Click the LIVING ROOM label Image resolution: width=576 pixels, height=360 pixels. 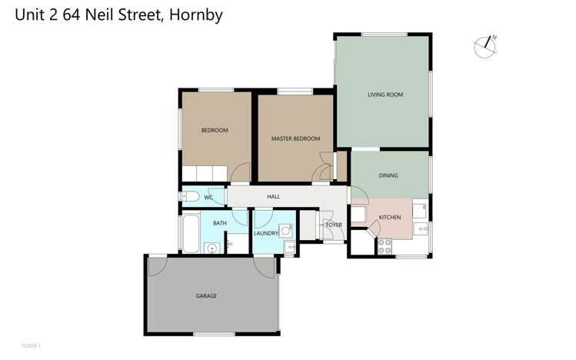(x=385, y=95)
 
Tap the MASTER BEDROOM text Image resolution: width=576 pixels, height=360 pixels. (x=295, y=139)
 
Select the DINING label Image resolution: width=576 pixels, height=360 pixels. (x=388, y=175)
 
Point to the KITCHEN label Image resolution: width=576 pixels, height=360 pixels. (x=390, y=218)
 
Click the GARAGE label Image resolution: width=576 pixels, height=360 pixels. (x=206, y=296)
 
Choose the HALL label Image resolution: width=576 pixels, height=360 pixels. (x=273, y=197)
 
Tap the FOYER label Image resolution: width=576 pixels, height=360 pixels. (x=334, y=225)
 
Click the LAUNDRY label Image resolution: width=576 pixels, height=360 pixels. (x=265, y=232)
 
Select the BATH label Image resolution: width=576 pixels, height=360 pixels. (x=220, y=224)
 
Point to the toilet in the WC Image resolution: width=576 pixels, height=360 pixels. (x=190, y=197)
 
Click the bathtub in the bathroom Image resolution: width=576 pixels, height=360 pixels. (x=190, y=234)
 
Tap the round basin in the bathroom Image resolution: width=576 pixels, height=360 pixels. (x=210, y=247)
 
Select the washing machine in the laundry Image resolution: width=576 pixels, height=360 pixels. (x=285, y=230)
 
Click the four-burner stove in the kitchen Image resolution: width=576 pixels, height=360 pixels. (x=385, y=247)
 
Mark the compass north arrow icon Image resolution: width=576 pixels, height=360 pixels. (x=484, y=47)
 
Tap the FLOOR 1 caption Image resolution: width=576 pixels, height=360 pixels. (x=31, y=345)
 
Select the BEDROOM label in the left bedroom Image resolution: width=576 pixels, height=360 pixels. (x=215, y=131)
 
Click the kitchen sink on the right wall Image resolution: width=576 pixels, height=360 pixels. (x=421, y=229)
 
